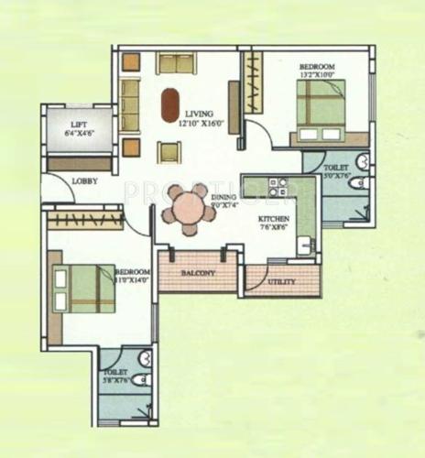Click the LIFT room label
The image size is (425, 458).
[82, 124]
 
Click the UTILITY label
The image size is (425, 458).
[281, 281]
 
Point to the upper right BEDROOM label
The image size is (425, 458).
[317, 67]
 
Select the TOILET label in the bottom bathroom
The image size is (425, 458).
[114, 373]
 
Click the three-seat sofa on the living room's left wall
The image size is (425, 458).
[130, 104]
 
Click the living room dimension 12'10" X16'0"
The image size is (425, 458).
[200, 122]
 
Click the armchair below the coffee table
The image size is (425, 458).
[170, 152]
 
